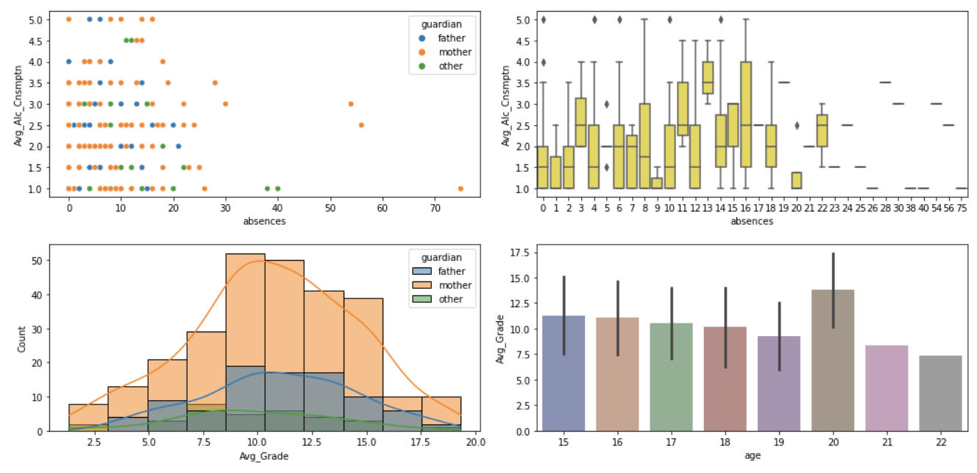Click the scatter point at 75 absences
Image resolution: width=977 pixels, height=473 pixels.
[461, 189]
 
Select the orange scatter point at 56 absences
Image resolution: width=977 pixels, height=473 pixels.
[361, 125]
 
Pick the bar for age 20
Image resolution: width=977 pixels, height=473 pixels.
[833, 361]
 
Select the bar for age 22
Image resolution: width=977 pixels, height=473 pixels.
[941, 393]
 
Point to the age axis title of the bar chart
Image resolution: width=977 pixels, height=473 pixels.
[751, 456]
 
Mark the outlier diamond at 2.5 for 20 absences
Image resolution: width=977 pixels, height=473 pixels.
[797, 125]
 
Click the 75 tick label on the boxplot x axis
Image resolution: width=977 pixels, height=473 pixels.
[961, 209]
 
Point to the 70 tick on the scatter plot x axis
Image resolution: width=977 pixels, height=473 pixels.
[435, 209]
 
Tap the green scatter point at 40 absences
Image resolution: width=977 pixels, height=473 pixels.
[278, 189]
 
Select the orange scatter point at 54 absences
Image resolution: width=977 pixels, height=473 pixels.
[351, 104]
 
